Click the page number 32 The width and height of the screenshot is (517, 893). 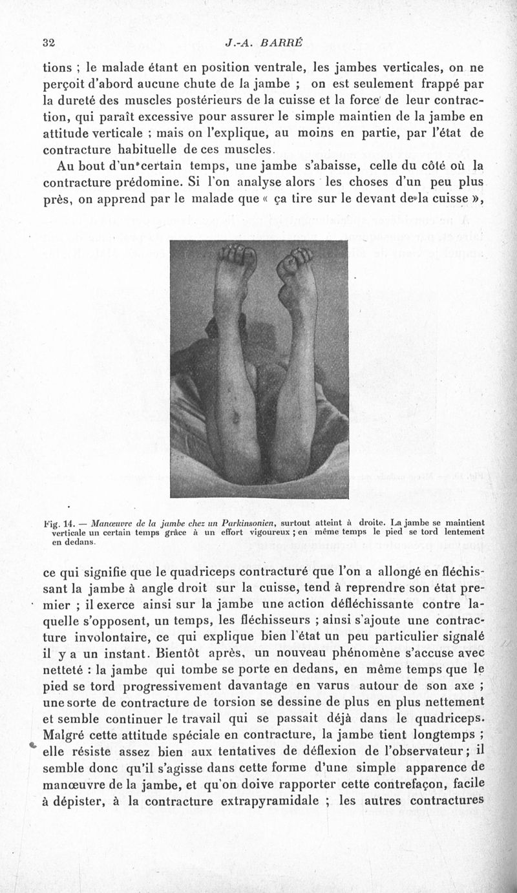click(x=47, y=43)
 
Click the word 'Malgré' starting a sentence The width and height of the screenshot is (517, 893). click(x=64, y=735)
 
